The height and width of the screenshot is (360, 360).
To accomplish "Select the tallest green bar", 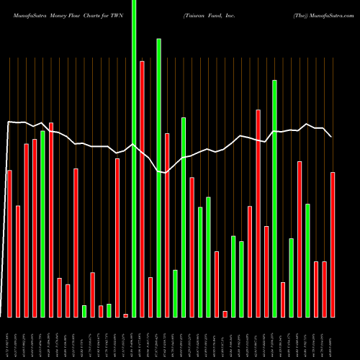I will click(134, 158).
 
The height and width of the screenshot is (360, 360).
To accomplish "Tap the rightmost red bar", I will click(333, 245).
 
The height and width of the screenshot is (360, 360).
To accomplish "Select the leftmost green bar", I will click(42, 224).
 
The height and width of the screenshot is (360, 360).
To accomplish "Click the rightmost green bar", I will click(307, 260).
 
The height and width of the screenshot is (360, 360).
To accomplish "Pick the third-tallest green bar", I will click(274, 198).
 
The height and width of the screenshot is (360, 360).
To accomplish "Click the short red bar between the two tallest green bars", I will click(150, 297).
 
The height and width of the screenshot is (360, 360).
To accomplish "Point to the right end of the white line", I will click(331, 136).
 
